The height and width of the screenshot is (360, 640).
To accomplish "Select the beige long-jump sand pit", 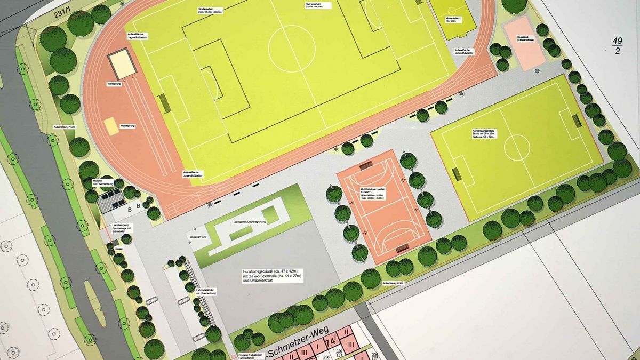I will point(122,63).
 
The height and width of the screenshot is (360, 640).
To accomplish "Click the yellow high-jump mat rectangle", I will point(111,126).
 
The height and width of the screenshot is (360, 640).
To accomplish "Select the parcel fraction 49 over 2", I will point(617,46).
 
